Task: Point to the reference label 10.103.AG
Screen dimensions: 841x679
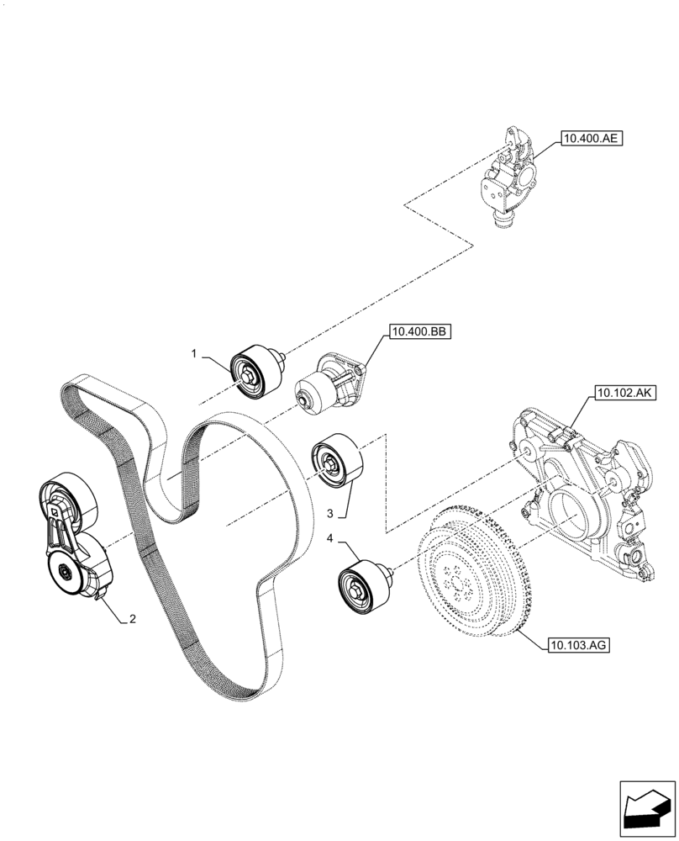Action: [x=578, y=646]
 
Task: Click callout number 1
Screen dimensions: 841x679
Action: [x=193, y=354]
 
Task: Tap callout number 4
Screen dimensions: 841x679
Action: [x=331, y=539]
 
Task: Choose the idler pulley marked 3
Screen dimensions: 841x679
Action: [x=336, y=461]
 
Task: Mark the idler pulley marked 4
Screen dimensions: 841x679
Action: [x=363, y=588]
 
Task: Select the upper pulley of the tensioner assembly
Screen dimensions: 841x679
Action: [x=69, y=500]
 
